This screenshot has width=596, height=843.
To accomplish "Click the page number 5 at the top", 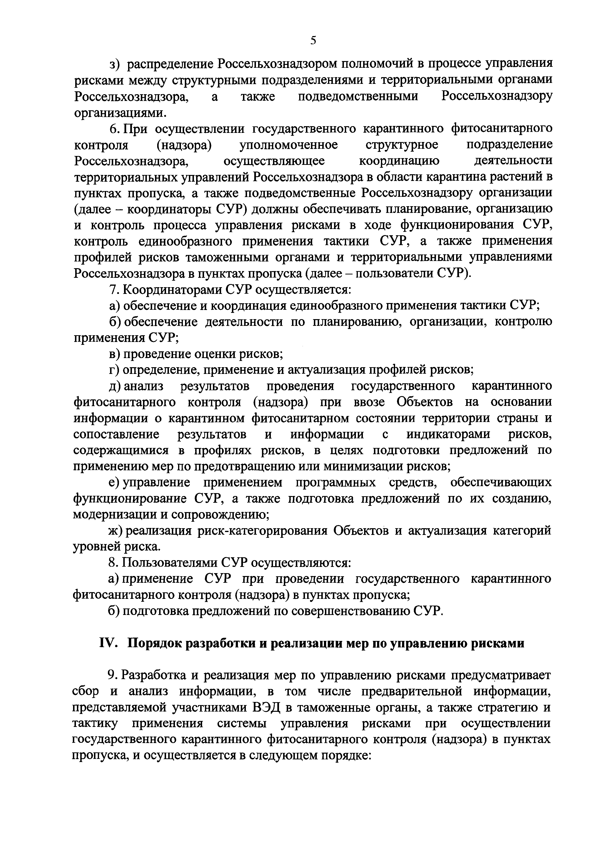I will [x=313, y=40].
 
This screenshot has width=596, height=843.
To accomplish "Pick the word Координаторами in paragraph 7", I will [x=172, y=290].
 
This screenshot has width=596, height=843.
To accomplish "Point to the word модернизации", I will [x=114, y=515].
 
